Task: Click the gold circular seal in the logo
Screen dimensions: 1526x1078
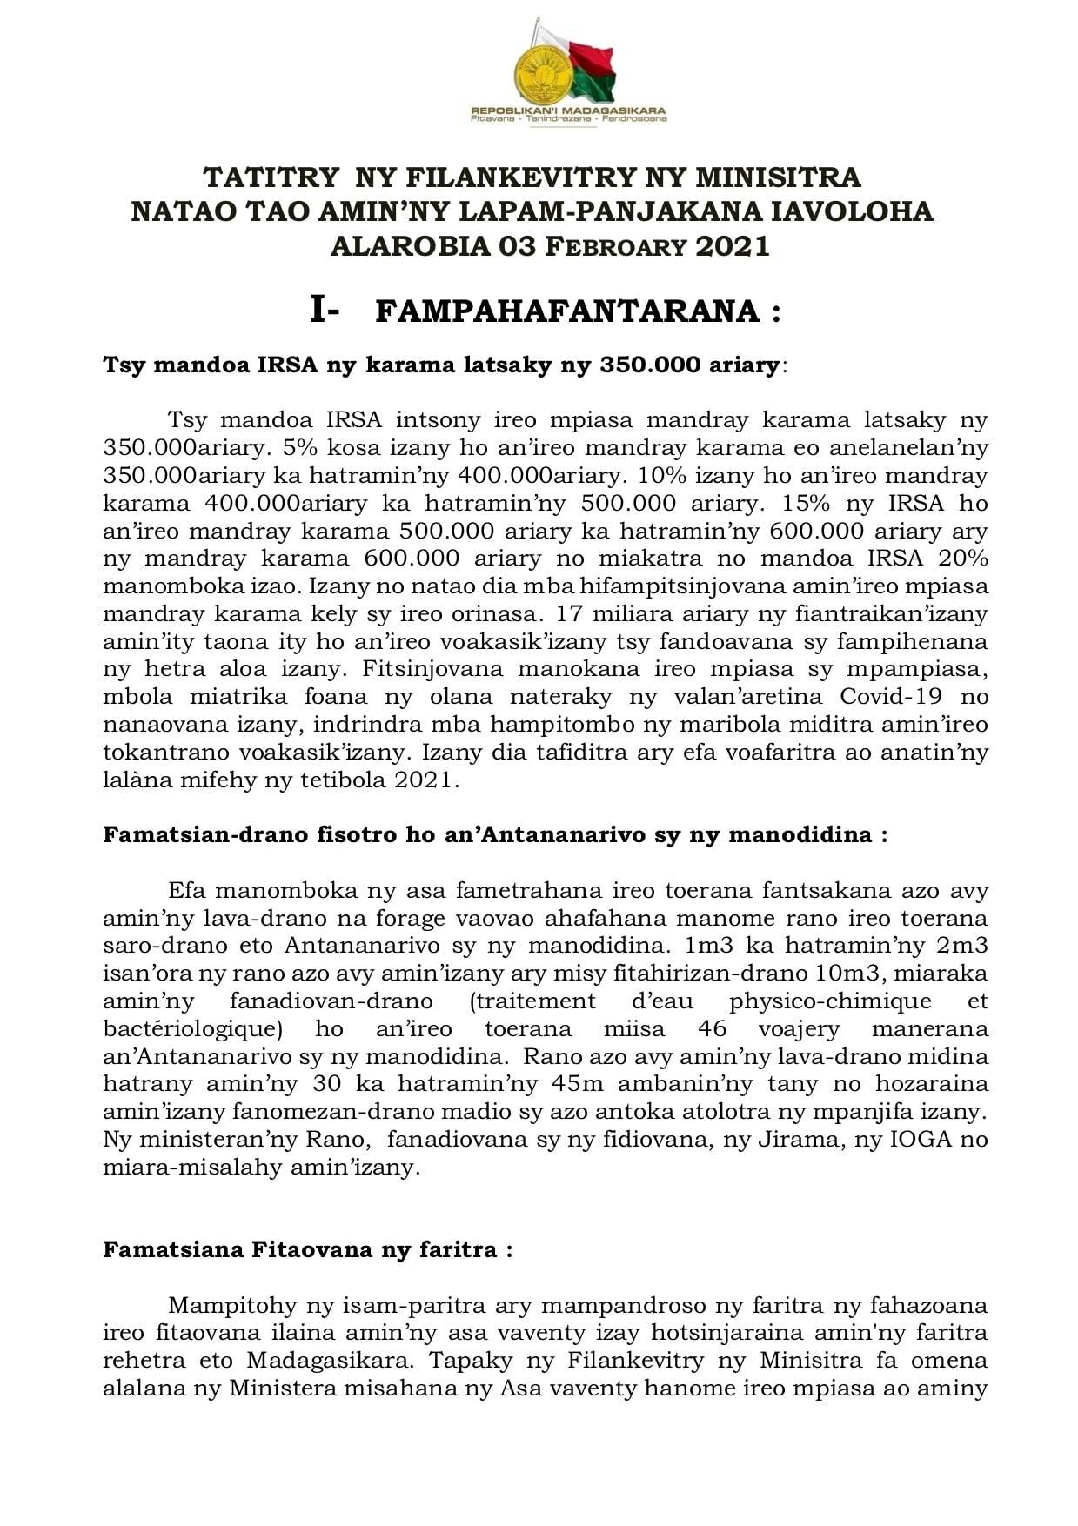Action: (x=543, y=74)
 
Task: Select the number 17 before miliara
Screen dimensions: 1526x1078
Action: (x=570, y=613)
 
